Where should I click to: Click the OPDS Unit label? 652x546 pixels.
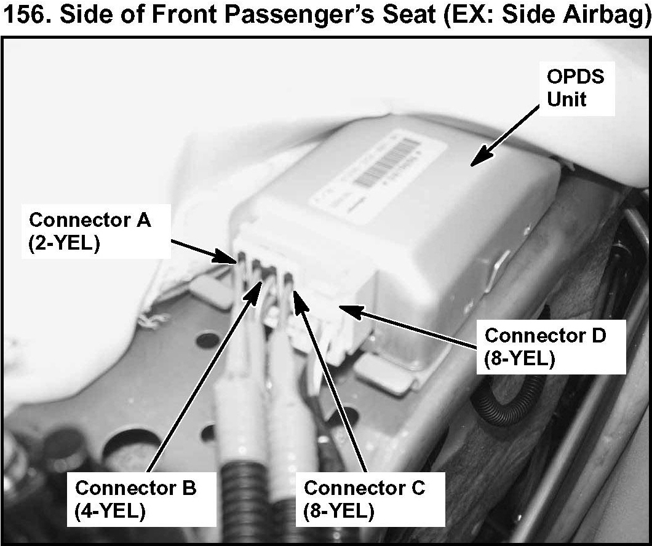pyautogui.click(x=576, y=88)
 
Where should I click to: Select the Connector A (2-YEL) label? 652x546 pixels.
pyautogui.click(x=90, y=232)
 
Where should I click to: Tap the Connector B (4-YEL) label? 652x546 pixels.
pyautogui.click(x=135, y=500)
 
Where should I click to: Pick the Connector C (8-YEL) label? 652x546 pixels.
pyautogui.click(x=365, y=500)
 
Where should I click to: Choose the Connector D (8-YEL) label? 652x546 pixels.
pyautogui.click(x=546, y=347)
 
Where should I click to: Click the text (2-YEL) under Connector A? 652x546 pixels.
pyautogui.click(x=65, y=243)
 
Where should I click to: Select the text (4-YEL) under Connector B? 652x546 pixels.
pyautogui.click(x=110, y=511)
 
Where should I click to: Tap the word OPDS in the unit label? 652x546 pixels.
pyautogui.click(x=576, y=77)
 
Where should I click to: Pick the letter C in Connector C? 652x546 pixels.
pyautogui.click(x=417, y=488)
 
